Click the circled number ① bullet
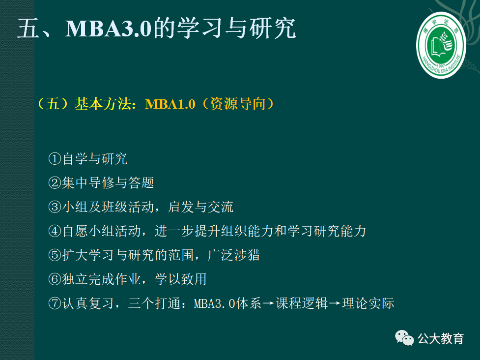(55, 159)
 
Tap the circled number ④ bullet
(55, 231)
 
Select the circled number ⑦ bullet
(55, 303)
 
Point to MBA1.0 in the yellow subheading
(170, 104)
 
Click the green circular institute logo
(441, 45)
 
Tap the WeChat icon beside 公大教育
(404, 338)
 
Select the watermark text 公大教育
(441, 338)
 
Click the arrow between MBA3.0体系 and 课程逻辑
(268, 303)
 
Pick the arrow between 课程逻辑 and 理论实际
(335, 303)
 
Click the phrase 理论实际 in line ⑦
(368, 303)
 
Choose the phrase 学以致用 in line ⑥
(181, 279)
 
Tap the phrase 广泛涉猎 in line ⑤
(233, 255)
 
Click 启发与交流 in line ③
(200, 207)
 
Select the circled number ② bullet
(55, 183)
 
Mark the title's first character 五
(28, 29)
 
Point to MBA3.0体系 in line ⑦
(228, 303)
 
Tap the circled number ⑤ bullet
(55, 255)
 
